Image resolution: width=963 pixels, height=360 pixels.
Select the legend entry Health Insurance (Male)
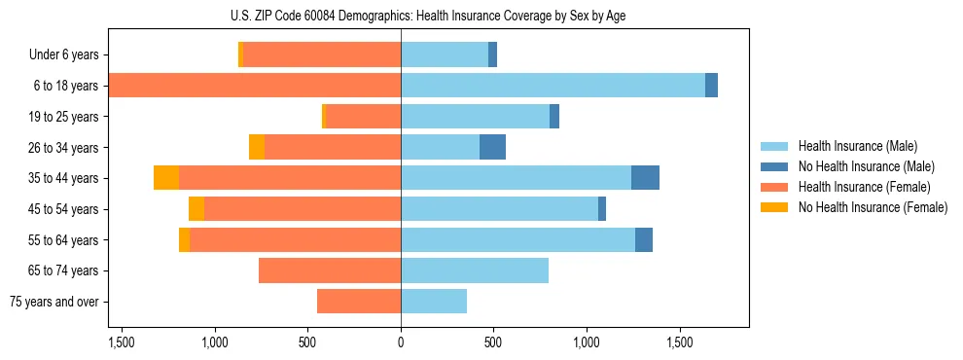click(857, 146)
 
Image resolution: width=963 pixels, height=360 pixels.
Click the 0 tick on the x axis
click(401, 342)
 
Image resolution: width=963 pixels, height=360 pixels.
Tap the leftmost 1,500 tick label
click(122, 342)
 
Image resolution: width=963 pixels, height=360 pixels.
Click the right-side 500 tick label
click(493, 342)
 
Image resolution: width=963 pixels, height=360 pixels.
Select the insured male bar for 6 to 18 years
click(553, 86)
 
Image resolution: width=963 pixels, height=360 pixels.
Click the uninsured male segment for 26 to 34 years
click(492, 147)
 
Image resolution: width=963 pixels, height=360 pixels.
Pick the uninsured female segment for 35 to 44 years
click(166, 178)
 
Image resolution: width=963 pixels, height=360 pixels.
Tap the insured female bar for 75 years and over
click(359, 302)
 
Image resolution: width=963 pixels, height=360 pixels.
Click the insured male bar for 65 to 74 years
click(475, 270)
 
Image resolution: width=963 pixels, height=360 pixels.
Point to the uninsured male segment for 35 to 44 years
click(645, 178)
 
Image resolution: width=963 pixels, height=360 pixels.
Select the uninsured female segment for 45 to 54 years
click(196, 209)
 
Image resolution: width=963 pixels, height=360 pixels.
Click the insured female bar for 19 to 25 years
click(363, 117)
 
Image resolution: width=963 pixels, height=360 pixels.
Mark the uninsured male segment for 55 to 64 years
click(644, 239)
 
